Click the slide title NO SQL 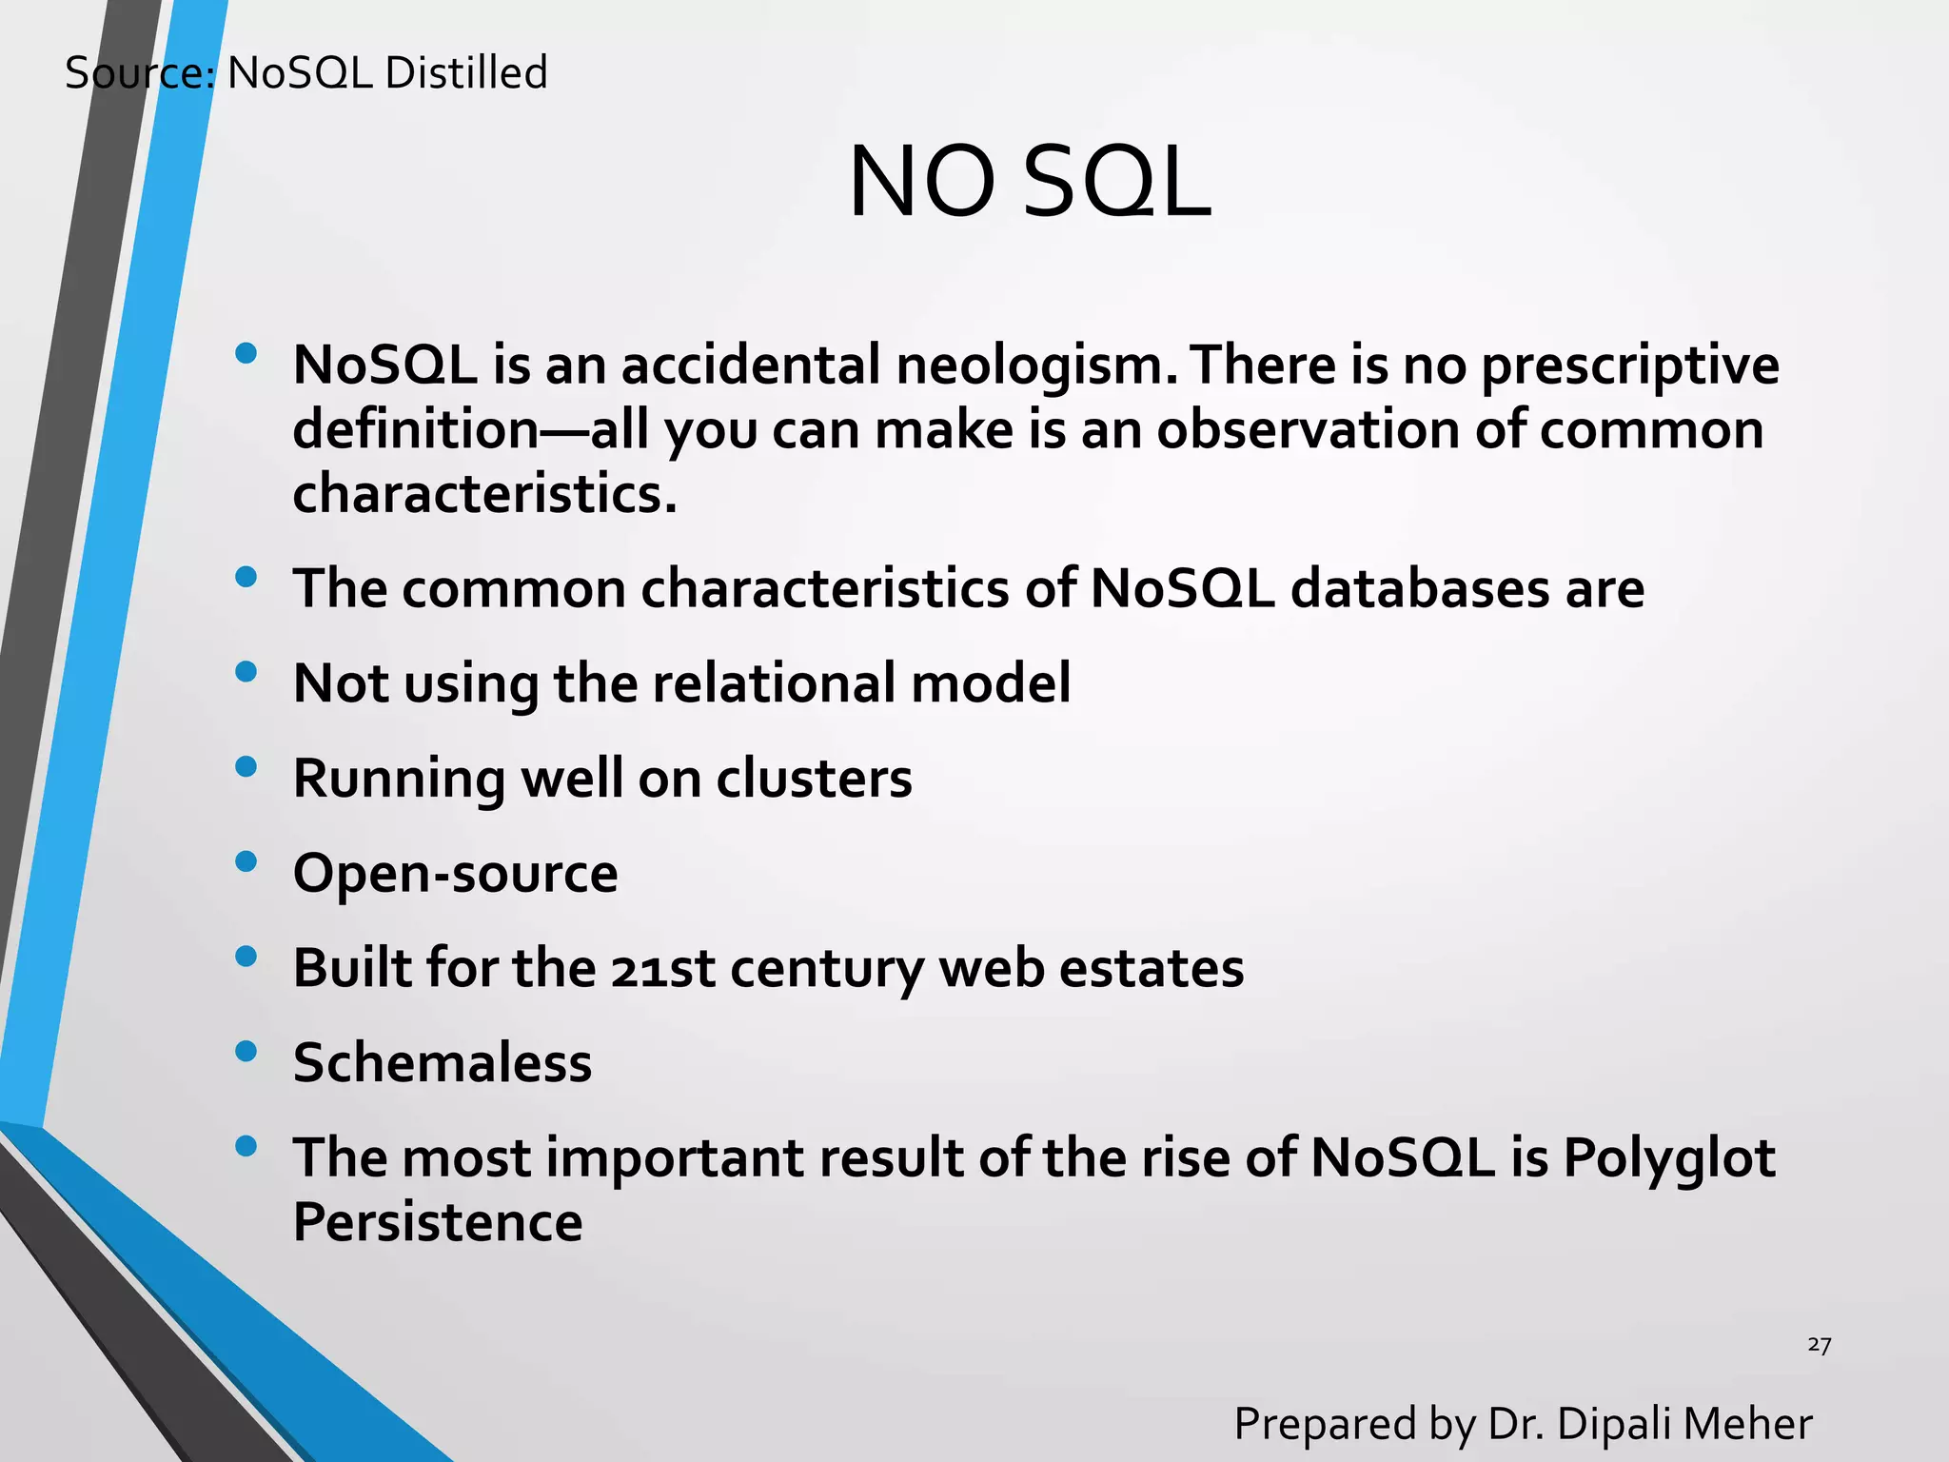click(x=1029, y=182)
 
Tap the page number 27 click(x=1819, y=1345)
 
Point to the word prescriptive click(x=1629, y=366)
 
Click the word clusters click(x=814, y=779)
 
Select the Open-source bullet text click(x=455, y=873)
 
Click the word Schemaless click(x=443, y=1062)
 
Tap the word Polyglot click(x=1668, y=1159)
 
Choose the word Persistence click(x=438, y=1222)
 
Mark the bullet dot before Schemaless click(x=246, y=1052)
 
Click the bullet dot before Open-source click(x=246, y=862)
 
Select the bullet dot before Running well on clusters click(x=246, y=767)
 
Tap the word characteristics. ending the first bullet click(x=484, y=494)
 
